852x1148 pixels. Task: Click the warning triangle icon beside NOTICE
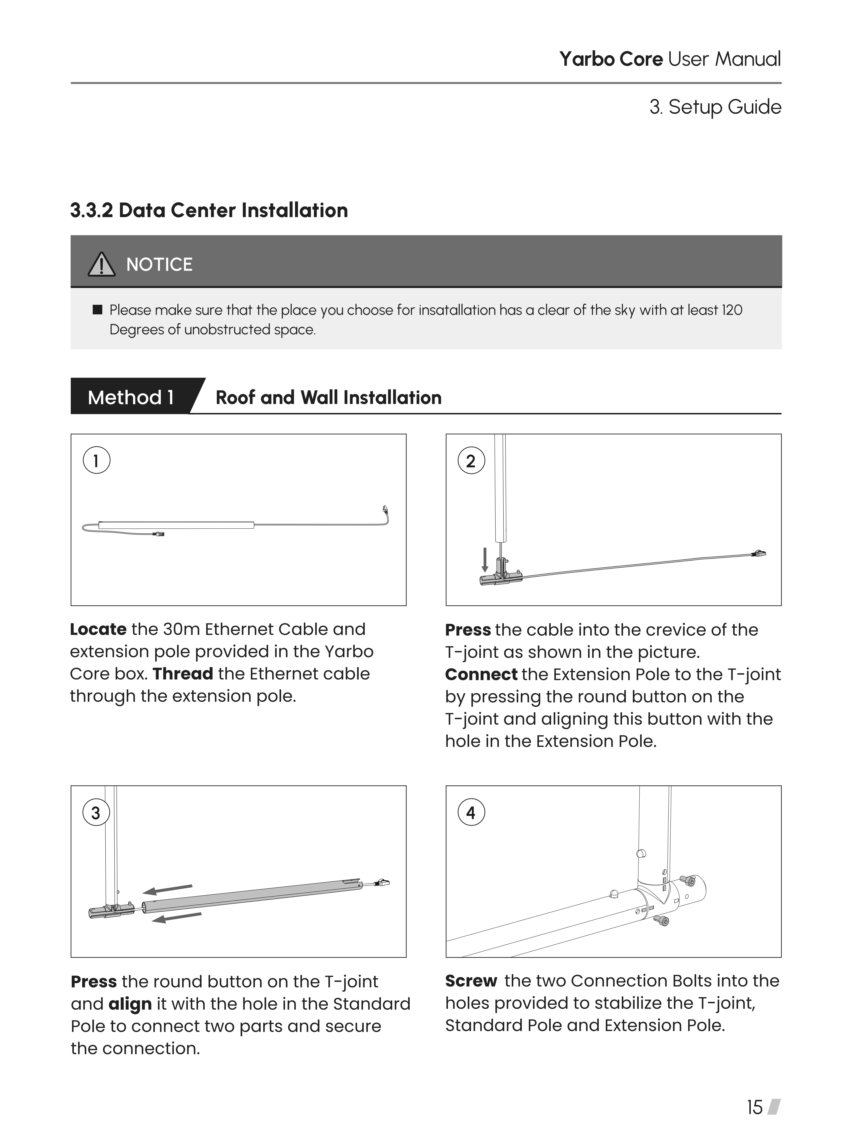coord(102,265)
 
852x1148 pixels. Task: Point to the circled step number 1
coord(96,460)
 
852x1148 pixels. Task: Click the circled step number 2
coord(471,460)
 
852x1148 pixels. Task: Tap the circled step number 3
coord(96,813)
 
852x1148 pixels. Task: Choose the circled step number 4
coord(471,813)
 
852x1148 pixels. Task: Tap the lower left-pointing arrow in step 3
coord(176,917)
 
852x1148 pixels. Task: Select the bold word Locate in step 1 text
coord(98,629)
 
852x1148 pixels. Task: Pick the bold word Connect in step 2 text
coord(481,675)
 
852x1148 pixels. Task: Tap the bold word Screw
coord(471,981)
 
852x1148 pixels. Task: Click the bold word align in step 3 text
coord(130,1004)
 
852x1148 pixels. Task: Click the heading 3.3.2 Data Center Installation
coord(209,210)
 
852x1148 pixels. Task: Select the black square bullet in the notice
coord(97,310)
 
